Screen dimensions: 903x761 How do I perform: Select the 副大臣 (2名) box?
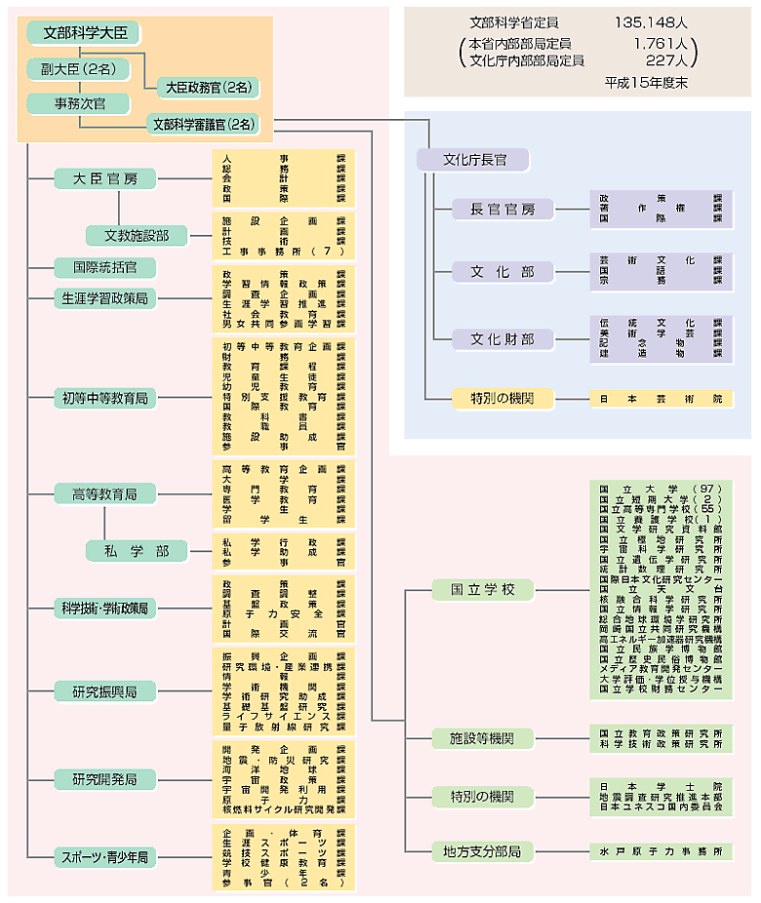click(x=71, y=70)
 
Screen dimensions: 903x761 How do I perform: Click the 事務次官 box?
click(x=81, y=103)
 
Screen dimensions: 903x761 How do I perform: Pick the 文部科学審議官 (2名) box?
click(x=204, y=124)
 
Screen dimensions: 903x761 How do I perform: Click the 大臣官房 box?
click(x=104, y=178)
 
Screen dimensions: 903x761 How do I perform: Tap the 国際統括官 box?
click(x=104, y=266)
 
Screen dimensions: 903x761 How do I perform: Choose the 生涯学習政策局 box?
click(x=104, y=297)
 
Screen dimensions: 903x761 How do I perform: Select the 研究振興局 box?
click(x=104, y=691)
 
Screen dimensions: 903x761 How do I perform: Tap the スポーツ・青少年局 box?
click(x=104, y=857)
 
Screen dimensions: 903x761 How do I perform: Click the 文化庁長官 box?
click(x=472, y=160)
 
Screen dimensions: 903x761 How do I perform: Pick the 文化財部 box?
click(x=502, y=339)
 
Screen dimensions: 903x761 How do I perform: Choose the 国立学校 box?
click(x=484, y=589)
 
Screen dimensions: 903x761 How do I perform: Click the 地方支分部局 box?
click(x=484, y=851)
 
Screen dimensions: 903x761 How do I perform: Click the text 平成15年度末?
click(x=647, y=83)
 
